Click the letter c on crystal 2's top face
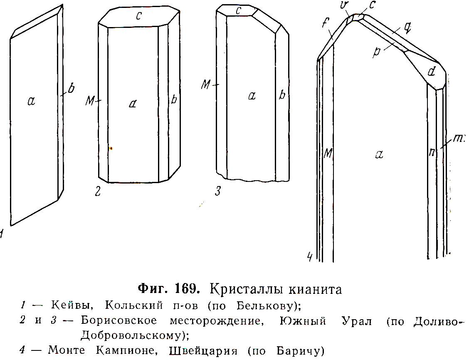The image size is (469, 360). pyautogui.click(x=138, y=16)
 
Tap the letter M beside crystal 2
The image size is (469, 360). pyautogui.click(x=90, y=101)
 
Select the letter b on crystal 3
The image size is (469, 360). pyautogui.click(x=282, y=94)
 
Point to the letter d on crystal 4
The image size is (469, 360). pyautogui.click(x=431, y=71)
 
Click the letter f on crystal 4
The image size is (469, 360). pyautogui.click(x=326, y=22)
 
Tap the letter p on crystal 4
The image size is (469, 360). pyautogui.click(x=377, y=52)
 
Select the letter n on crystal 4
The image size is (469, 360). pyautogui.click(x=431, y=152)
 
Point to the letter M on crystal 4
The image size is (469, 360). pyautogui.click(x=328, y=154)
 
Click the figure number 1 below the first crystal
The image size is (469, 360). pyautogui.click(x=2, y=233)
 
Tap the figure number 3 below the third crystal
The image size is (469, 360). pyautogui.click(x=218, y=191)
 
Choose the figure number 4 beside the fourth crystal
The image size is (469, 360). pyautogui.click(x=311, y=256)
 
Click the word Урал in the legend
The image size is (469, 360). pyautogui.click(x=357, y=321)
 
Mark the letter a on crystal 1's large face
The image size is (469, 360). pyautogui.click(x=31, y=101)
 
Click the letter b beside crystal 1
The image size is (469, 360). pyautogui.click(x=71, y=89)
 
